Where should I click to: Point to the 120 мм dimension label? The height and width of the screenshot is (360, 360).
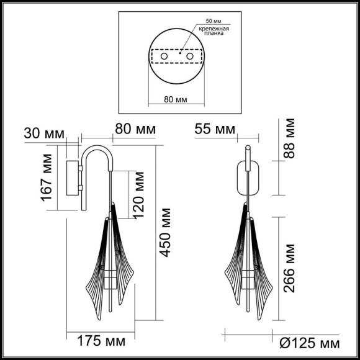[x=140, y=195]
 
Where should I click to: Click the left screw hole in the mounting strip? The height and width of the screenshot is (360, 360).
[x=164, y=57]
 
